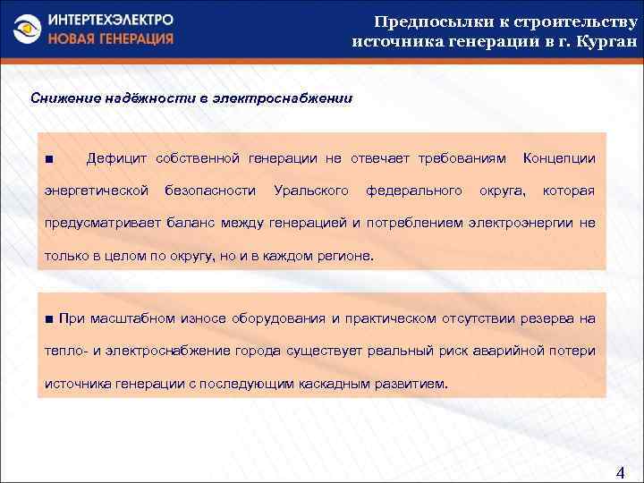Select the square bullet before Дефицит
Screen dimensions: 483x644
point(48,159)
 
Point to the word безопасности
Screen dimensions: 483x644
point(211,191)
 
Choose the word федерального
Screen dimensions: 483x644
point(414,191)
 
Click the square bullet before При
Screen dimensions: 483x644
point(49,319)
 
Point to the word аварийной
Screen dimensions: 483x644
point(509,351)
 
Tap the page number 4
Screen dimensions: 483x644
point(622,471)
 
